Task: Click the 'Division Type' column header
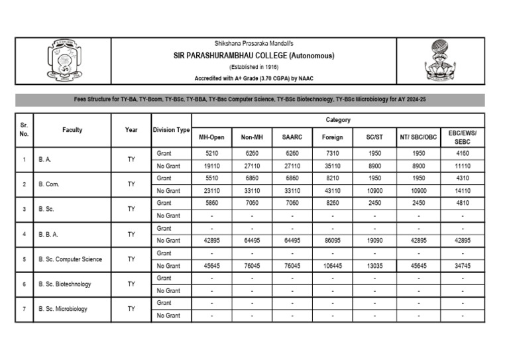(171, 130)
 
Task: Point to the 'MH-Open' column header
(211, 137)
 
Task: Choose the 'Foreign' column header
(332, 137)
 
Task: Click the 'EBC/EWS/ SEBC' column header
(463, 137)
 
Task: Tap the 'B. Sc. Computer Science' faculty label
(70, 259)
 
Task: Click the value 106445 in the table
(332, 266)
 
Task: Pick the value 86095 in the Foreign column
(332, 241)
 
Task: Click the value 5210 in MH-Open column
(211, 153)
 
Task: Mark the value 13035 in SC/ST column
(374, 266)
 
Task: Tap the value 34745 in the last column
(463, 266)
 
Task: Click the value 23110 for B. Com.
(211, 190)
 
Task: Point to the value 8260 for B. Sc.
(332, 203)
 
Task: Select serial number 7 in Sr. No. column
(24, 309)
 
